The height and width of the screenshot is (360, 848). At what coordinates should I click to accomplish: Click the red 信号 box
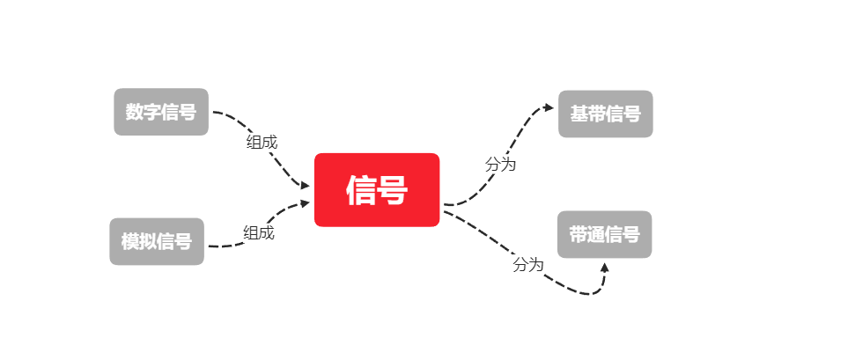pyautogui.click(x=377, y=190)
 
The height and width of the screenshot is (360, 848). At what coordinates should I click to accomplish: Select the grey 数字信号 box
pyautogui.click(x=161, y=112)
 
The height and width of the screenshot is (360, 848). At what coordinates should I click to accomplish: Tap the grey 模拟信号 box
pyautogui.click(x=157, y=241)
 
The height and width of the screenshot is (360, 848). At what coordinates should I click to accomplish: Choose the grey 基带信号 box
pyautogui.click(x=606, y=114)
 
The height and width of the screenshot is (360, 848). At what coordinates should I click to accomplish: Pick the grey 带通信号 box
pyautogui.click(x=604, y=234)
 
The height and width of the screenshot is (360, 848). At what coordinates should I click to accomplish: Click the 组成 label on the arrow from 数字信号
pyautogui.click(x=262, y=142)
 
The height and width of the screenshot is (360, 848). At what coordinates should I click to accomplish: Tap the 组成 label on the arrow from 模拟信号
pyautogui.click(x=259, y=232)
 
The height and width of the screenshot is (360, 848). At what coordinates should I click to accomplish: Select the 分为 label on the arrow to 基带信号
pyautogui.click(x=500, y=165)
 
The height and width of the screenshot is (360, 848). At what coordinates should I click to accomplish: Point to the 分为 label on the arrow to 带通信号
pyautogui.click(x=528, y=264)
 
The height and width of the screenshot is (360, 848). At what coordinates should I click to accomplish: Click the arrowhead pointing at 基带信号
pyautogui.click(x=549, y=107)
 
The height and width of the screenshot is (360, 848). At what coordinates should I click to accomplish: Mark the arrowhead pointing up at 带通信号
pyautogui.click(x=604, y=267)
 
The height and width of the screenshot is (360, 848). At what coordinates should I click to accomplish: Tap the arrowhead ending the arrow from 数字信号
pyautogui.click(x=305, y=186)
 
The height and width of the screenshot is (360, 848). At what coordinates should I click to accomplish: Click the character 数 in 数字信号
pyautogui.click(x=135, y=112)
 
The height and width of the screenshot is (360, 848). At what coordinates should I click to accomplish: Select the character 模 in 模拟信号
pyautogui.click(x=130, y=241)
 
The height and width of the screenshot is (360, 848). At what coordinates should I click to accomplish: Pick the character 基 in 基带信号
pyautogui.click(x=579, y=114)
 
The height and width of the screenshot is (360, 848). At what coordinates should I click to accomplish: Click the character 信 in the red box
pyautogui.click(x=362, y=190)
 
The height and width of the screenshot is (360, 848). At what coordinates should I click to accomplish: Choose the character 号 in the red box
pyautogui.click(x=393, y=190)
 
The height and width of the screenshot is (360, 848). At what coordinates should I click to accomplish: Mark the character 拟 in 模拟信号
pyautogui.click(x=148, y=241)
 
